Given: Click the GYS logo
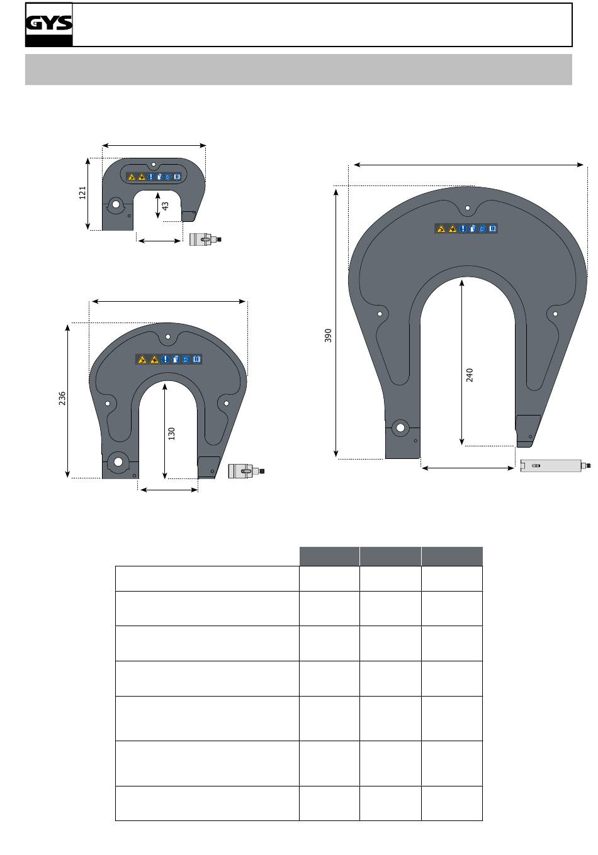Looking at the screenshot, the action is click(x=49, y=25).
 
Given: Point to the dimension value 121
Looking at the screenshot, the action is click(x=82, y=193).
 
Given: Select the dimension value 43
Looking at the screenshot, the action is click(x=165, y=206).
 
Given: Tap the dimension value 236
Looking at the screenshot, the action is click(x=62, y=398).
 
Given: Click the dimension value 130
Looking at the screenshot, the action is click(x=171, y=434).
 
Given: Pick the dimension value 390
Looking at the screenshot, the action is click(x=328, y=335).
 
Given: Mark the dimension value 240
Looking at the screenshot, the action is click(x=470, y=375).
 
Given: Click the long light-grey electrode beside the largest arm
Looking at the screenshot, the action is click(x=555, y=466).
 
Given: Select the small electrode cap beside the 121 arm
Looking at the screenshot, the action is click(x=205, y=240).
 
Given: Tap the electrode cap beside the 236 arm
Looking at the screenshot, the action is click(x=246, y=471).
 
